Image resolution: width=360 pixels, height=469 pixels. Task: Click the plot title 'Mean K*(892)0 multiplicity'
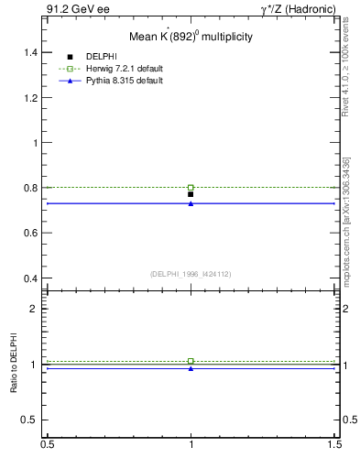coord(191,37)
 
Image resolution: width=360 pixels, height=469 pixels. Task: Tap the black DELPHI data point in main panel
coord(191,194)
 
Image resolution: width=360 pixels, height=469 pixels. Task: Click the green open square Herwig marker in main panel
coord(191,187)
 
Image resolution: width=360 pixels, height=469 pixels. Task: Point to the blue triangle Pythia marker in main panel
coord(191,203)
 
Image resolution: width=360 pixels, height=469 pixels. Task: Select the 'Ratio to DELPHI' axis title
coord(14,365)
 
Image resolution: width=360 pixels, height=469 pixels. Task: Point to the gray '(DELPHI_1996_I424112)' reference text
coord(191,272)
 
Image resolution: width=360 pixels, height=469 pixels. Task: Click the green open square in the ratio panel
coord(191,361)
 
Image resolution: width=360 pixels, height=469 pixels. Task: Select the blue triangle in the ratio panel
coord(191,368)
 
